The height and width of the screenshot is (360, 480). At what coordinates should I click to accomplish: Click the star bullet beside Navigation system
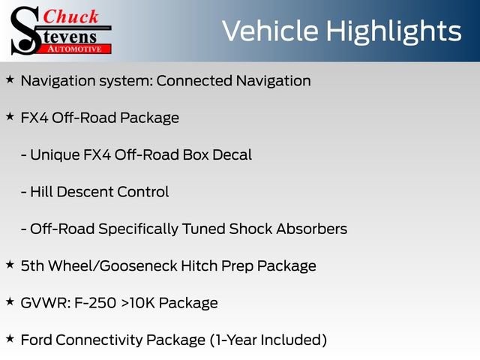(x=10, y=79)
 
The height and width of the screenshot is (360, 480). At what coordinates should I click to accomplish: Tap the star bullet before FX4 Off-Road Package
(x=10, y=116)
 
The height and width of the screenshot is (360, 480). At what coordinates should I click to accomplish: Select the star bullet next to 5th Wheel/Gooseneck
(x=10, y=264)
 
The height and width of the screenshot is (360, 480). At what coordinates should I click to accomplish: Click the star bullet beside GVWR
(x=10, y=301)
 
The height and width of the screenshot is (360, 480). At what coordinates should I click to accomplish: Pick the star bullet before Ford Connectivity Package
(x=10, y=338)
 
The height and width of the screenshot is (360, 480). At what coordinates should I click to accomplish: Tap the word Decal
(x=230, y=155)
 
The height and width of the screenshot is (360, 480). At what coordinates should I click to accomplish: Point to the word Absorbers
(x=313, y=229)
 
